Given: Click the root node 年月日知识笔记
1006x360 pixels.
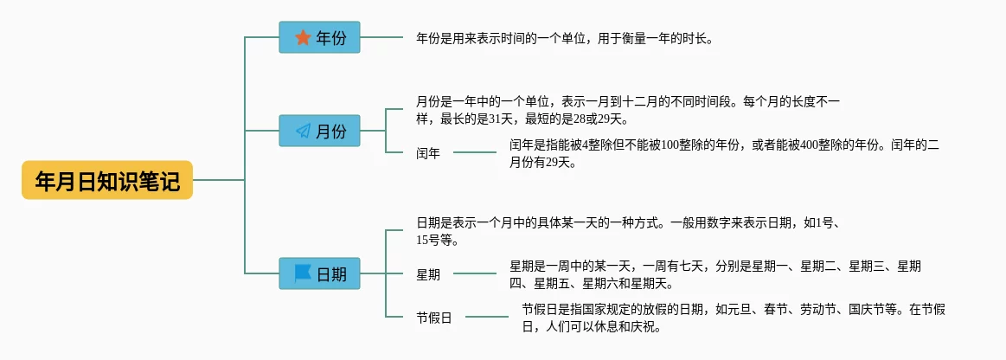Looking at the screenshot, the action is tap(107, 180).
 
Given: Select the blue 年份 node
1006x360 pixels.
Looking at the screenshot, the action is tap(319, 37).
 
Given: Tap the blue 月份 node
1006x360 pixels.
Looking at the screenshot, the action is tap(319, 131).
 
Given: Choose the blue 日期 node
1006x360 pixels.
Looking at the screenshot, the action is tap(319, 273).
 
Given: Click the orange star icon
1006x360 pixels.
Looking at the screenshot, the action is tap(303, 38).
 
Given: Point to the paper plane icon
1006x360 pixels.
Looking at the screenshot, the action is tap(303, 132).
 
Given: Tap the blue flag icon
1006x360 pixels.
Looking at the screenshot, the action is tap(303, 274).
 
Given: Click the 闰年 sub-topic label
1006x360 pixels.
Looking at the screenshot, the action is tap(428, 153).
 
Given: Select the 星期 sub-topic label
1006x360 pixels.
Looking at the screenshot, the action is tap(428, 274).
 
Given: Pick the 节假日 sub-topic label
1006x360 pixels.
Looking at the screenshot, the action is tap(434, 318).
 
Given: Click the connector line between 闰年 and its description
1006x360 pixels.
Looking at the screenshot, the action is tap(475, 152).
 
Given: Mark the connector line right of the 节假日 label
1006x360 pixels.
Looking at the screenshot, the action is tap(487, 317).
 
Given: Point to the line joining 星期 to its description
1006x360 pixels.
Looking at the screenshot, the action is tap(475, 274).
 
